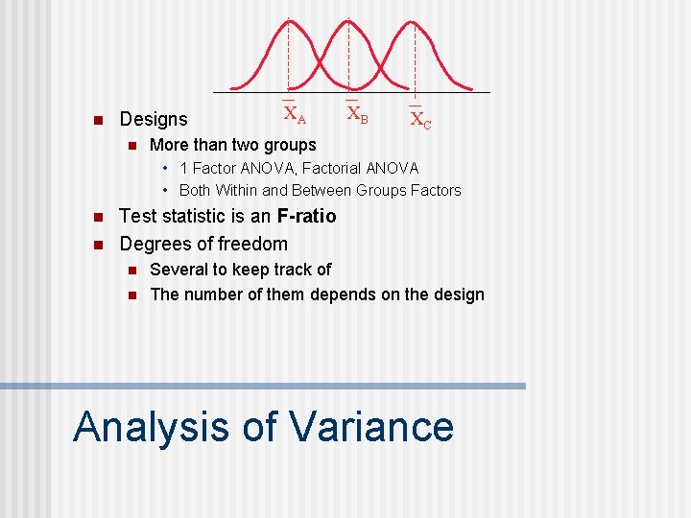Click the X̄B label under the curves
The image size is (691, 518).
357,113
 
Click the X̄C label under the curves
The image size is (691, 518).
420,119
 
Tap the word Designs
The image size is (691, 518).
154,120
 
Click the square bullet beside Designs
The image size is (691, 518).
95,120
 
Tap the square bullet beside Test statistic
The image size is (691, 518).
95,217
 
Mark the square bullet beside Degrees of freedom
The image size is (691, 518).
95,245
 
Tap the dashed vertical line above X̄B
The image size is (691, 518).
348,58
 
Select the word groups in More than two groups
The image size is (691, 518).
291,146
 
